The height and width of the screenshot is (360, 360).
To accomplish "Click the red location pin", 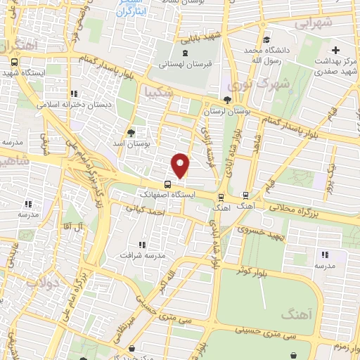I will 181,165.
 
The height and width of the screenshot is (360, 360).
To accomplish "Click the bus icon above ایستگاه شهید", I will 14,61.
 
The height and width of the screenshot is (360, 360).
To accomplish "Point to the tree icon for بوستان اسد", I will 131,132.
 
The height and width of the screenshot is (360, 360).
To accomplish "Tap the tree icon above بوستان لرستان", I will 226,100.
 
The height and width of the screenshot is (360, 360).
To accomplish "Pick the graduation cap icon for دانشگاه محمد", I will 265,39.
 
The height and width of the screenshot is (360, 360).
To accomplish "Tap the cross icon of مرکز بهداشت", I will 336,51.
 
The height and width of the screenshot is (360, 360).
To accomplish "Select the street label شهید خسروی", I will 261,233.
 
